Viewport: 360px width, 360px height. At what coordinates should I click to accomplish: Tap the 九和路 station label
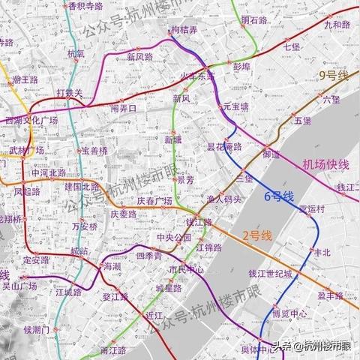(x=337, y=25)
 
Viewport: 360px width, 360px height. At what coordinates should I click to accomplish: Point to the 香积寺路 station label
(x=85, y=5)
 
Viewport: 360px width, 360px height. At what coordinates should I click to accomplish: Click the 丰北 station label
(x=321, y=252)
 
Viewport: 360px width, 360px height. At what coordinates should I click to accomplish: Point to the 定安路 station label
(x=36, y=260)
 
